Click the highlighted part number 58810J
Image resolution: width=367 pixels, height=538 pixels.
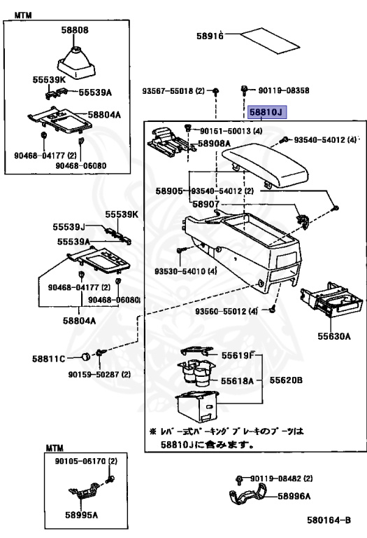click(x=267, y=112)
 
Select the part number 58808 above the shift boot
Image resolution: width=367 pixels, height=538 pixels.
click(x=75, y=30)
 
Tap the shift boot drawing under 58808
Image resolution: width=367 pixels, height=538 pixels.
click(x=75, y=63)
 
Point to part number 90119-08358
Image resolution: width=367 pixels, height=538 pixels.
click(x=284, y=90)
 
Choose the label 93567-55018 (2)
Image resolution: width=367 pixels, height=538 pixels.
click(x=173, y=91)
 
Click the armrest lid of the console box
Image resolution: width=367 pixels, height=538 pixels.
click(x=265, y=165)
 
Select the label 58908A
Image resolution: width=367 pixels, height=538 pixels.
click(x=214, y=144)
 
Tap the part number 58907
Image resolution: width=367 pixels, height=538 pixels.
click(x=206, y=204)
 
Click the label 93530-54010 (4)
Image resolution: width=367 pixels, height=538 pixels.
click(x=185, y=271)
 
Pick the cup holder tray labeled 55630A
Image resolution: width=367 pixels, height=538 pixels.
click(x=331, y=301)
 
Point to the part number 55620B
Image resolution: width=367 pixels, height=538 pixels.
click(x=285, y=380)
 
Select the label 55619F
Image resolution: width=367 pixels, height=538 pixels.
click(x=238, y=355)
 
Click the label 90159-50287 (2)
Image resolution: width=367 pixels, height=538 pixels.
click(x=99, y=374)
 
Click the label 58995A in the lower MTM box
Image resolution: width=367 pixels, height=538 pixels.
click(x=81, y=515)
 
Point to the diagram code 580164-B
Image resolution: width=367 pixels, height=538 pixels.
click(x=329, y=520)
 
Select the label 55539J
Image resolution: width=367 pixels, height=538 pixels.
click(x=69, y=227)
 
